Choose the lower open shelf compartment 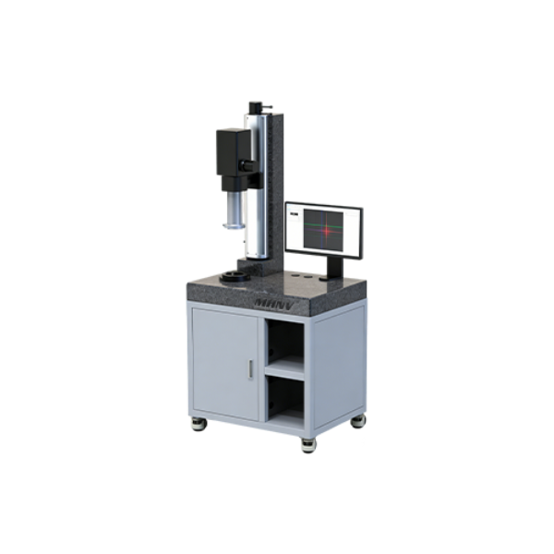tap(285, 397)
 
